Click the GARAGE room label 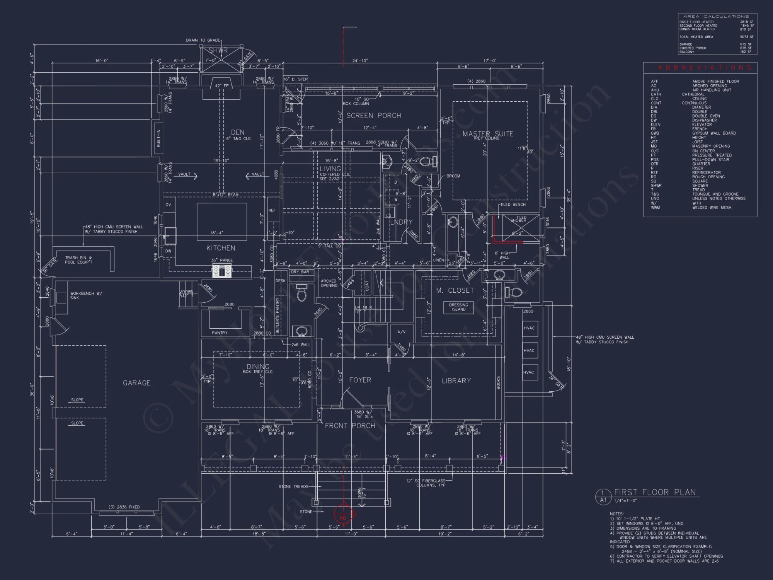coord(136,383)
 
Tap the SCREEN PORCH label coord(373,116)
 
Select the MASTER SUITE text coord(488,134)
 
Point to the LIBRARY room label coord(456,381)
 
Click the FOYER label coord(360,380)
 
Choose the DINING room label coord(258,367)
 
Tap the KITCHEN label coord(220,248)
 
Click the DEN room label coord(237,132)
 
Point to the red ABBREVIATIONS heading coord(705,68)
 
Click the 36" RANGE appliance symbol coord(221,271)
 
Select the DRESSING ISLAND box coord(458,307)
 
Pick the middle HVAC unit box coord(529,350)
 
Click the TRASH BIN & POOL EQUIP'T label coord(78,260)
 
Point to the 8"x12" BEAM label coord(225,194)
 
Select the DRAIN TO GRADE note coord(203,40)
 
